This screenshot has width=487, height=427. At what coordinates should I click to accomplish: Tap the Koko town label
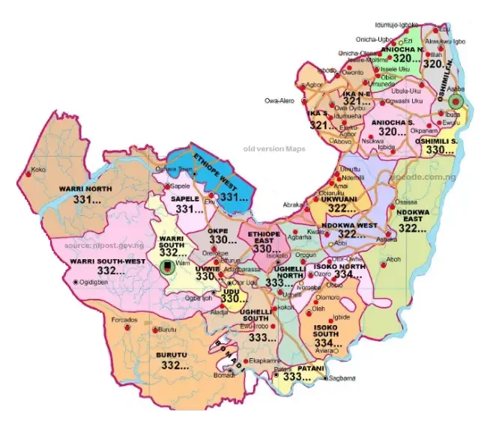click(38, 171)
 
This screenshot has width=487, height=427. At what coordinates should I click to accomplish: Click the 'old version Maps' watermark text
click(275, 149)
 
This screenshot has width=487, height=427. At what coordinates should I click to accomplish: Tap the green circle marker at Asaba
click(457, 100)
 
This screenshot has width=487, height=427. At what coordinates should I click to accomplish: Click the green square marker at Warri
click(166, 264)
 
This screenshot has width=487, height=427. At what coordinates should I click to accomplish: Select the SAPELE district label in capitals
click(185, 199)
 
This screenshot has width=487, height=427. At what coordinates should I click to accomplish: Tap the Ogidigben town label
click(97, 282)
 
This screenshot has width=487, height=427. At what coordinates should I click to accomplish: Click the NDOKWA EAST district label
click(413, 216)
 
